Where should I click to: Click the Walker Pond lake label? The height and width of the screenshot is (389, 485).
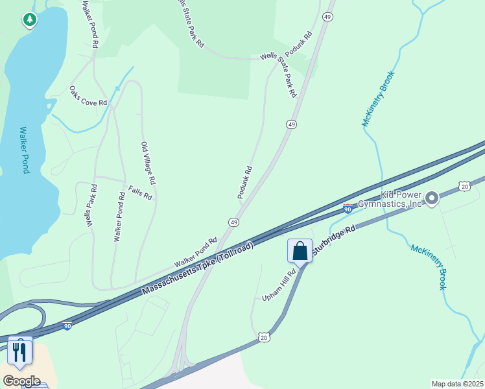click(x=25, y=150)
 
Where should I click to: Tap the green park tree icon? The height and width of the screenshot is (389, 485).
click(x=29, y=21)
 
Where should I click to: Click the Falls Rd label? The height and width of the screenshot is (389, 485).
click(x=140, y=193)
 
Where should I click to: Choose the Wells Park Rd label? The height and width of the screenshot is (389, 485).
click(x=91, y=205)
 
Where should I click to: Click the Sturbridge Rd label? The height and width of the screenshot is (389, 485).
click(x=334, y=239)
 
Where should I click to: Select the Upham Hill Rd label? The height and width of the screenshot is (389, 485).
click(x=279, y=285)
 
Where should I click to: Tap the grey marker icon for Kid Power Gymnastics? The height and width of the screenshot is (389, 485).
click(x=432, y=198)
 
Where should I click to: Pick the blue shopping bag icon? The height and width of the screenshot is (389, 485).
click(x=300, y=250)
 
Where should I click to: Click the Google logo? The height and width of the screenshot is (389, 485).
click(x=21, y=381)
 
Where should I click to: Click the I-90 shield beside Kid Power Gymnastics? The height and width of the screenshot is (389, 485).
click(x=348, y=209)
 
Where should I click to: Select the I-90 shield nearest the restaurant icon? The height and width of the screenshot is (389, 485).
click(x=67, y=325)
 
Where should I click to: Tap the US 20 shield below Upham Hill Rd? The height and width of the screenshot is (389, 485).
click(x=263, y=337)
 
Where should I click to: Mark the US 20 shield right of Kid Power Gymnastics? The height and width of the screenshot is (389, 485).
click(x=464, y=186)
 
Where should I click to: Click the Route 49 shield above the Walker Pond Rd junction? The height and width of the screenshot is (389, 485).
click(x=233, y=222)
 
